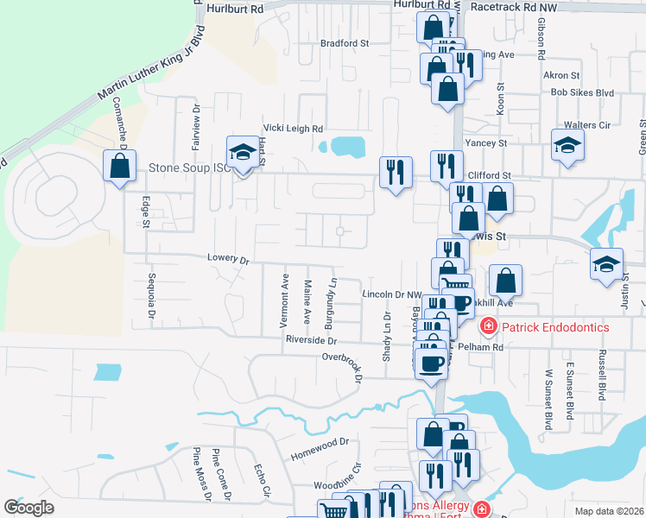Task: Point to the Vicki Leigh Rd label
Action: click(x=294, y=126)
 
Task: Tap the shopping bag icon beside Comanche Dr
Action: click(x=119, y=167)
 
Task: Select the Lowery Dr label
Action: click(x=228, y=258)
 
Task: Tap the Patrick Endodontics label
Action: click(x=556, y=327)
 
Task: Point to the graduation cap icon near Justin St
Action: click(x=606, y=264)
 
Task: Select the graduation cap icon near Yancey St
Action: click(x=567, y=144)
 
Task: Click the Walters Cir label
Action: click(x=586, y=125)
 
